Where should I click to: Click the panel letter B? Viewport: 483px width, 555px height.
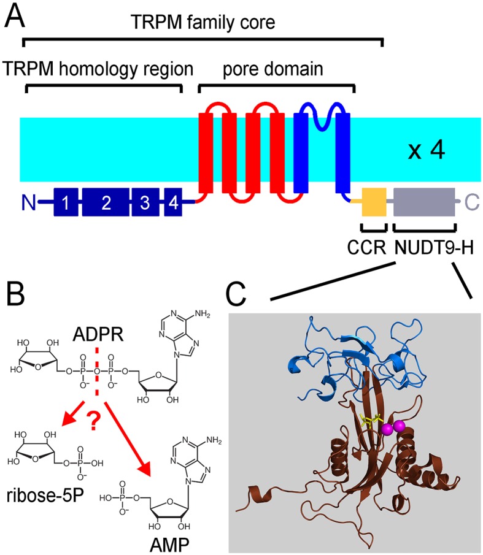click(17, 299)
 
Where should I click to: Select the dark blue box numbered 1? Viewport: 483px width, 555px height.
click(65, 203)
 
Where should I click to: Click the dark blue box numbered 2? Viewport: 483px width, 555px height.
click(106, 203)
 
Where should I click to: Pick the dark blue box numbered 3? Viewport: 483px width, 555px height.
click(145, 203)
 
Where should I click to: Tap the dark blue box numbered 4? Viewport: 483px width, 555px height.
click(174, 203)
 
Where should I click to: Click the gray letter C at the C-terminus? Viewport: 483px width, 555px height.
click(471, 202)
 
